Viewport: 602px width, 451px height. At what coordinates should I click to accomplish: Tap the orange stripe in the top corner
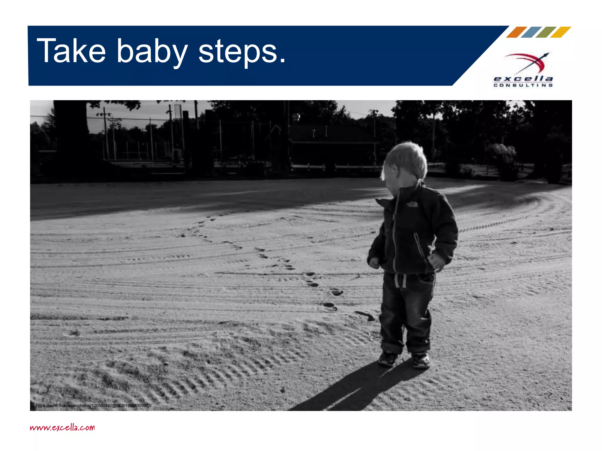[516, 32]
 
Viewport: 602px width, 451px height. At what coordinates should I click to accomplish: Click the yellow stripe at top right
[561, 32]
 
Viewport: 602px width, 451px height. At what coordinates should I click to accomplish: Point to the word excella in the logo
[523, 79]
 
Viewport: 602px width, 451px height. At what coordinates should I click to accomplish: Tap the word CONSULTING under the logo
[523, 85]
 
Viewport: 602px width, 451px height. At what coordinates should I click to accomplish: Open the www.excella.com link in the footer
[62, 427]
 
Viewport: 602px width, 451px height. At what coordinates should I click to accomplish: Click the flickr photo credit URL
[93, 405]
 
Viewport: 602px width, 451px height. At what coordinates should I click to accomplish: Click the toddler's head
[406, 164]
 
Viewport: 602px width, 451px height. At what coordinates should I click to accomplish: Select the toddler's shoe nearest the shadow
[388, 359]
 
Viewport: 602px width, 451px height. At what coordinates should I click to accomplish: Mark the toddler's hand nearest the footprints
[374, 262]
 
